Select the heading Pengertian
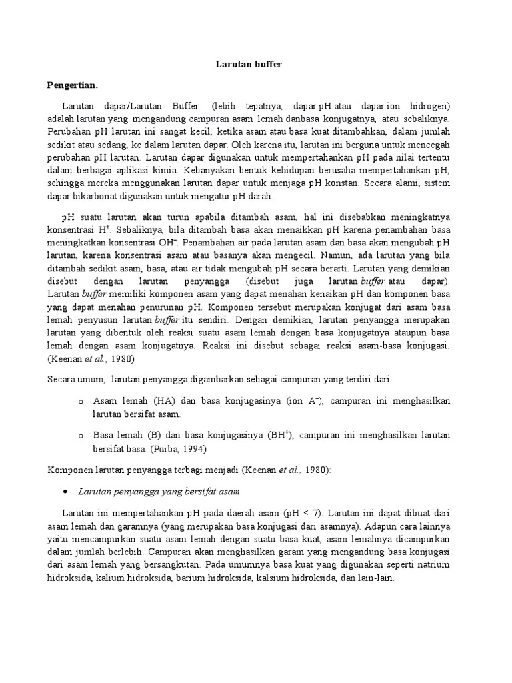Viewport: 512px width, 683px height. click(x=73, y=85)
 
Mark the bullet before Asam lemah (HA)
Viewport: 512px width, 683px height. click(x=81, y=401)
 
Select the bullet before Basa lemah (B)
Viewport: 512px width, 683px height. click(x=81, y=436)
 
